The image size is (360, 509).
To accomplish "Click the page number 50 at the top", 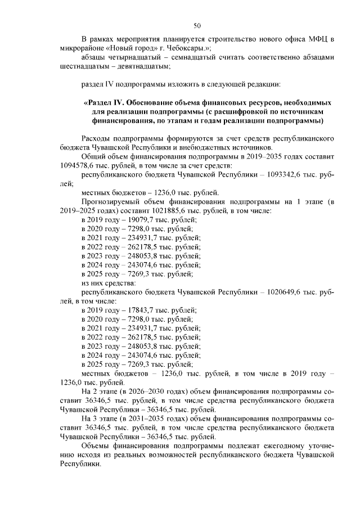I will click(x=197, y=25).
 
